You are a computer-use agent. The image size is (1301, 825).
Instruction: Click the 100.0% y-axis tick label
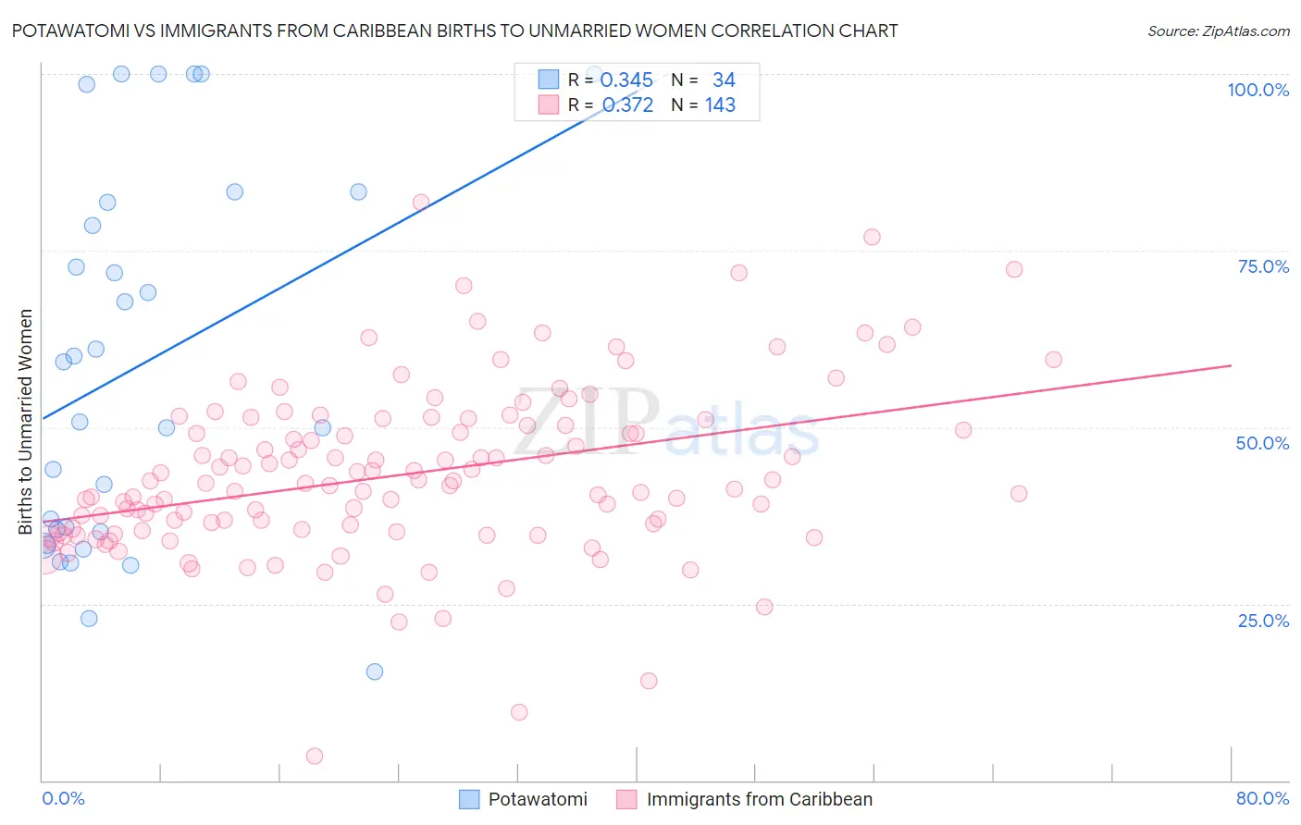1258,90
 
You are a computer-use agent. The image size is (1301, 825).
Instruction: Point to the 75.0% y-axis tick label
1263,266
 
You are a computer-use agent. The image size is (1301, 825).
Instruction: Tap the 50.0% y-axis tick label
1262,443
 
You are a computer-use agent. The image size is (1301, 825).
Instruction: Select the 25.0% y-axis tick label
1263,620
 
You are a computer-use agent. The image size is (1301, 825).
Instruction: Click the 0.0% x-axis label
63,798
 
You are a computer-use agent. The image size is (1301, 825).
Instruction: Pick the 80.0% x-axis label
1262,798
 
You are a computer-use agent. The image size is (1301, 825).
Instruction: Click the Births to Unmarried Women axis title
25,422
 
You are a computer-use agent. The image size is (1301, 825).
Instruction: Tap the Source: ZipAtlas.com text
1218,31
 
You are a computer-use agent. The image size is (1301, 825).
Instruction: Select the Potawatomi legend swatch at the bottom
469,799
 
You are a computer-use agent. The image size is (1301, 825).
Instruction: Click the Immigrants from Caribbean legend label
759,799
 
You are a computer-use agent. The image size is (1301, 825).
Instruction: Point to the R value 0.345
626,80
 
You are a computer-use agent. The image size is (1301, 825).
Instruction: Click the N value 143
720,105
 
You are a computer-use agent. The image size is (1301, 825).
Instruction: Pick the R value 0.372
627,105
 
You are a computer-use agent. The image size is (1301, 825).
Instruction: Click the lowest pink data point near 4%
315,756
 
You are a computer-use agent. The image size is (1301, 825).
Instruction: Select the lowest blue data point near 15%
375,671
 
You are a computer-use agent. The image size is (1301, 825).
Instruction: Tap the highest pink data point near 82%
421,203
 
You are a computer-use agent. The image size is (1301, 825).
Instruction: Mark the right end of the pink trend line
1231,365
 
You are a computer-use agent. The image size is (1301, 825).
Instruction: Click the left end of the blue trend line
43,419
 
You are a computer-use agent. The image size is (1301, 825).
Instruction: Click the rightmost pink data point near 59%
1053,360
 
